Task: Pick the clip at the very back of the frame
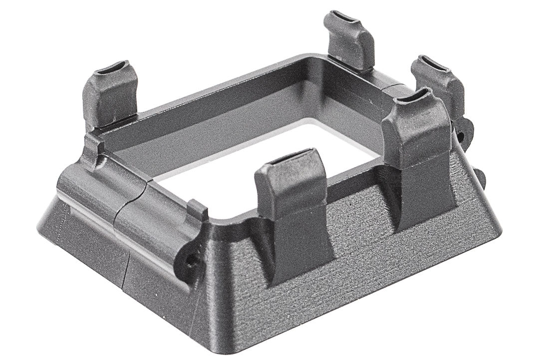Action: (x=349, y=40)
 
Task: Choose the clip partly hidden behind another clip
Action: (x=439, y=82)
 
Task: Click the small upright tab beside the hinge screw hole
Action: (x=198, y=210)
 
